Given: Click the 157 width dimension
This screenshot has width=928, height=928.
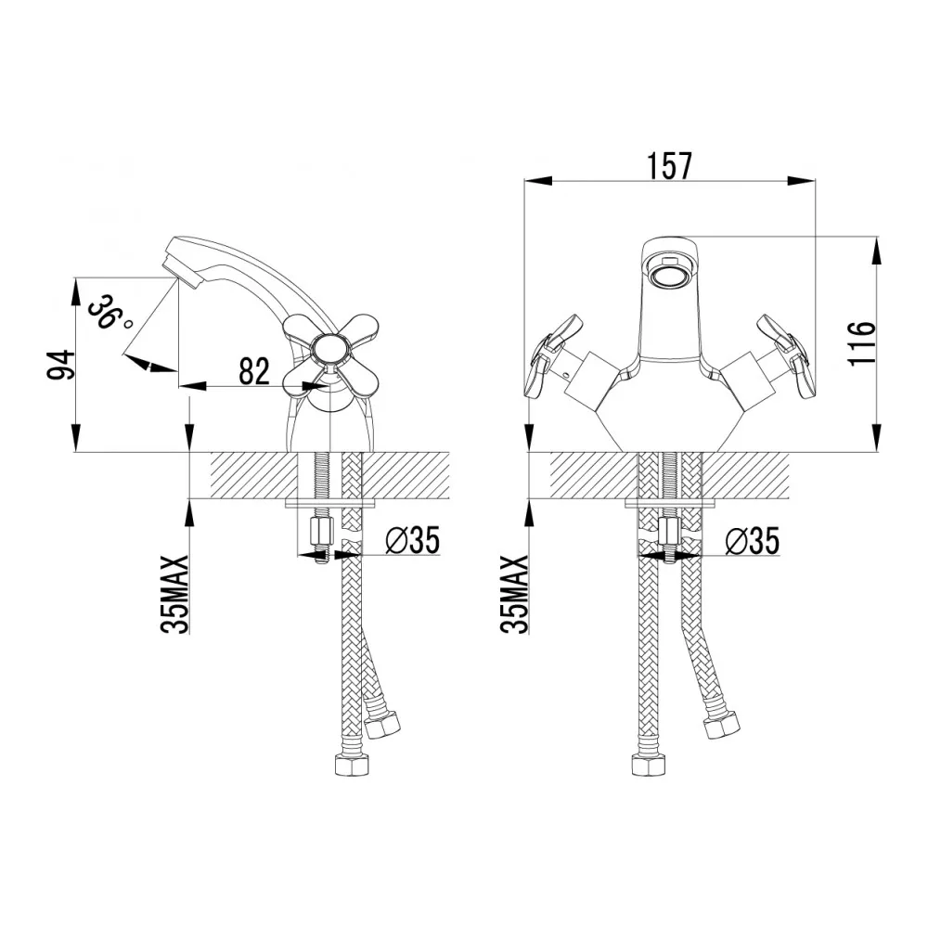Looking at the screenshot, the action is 669,165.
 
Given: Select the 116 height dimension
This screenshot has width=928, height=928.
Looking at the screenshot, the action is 860,343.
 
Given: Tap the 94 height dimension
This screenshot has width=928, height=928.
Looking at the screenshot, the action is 58,364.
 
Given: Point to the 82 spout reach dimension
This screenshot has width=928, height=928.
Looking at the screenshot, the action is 252,371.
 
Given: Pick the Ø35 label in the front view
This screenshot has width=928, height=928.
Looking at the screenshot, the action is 751,540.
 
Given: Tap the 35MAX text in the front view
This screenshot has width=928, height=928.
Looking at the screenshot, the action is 516,594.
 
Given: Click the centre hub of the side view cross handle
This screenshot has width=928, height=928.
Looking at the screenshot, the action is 329,350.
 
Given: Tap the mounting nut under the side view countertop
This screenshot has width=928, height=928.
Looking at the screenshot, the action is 319,532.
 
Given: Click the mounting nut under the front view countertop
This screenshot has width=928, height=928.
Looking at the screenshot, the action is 668,532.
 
